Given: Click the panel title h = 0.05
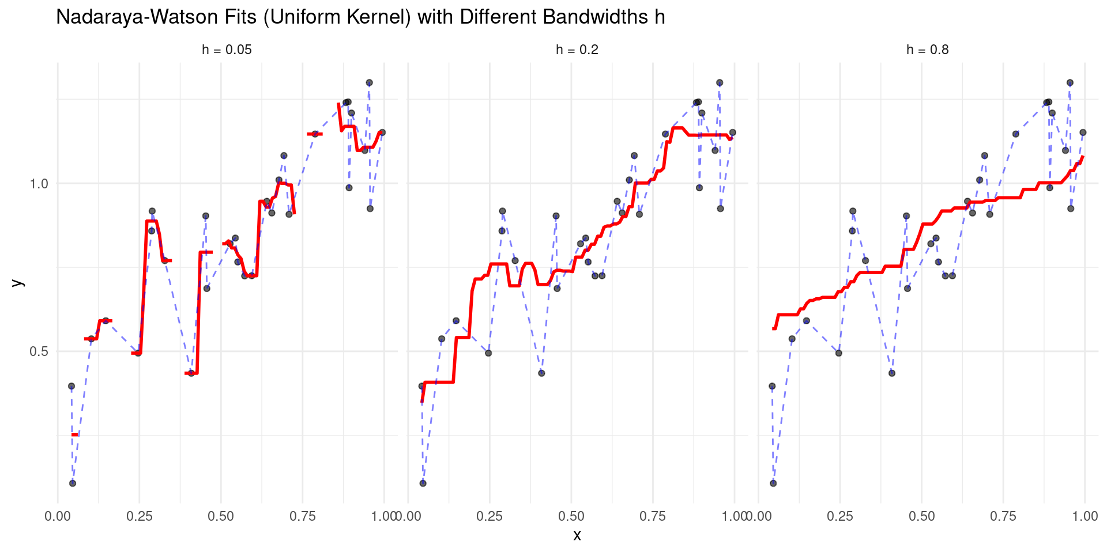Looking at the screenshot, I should point(227,50).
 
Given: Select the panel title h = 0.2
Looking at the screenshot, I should point(577,50).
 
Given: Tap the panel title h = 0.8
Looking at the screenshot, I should point(927,50).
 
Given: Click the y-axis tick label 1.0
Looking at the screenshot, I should point(39,184).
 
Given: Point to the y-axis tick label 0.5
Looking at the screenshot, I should point(39,351).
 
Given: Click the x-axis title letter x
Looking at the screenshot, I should point(577,536).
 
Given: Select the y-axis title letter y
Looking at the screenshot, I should point(18,282).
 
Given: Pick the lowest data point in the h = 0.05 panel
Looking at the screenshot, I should point(73,483).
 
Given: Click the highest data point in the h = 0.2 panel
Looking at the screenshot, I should point(720,83).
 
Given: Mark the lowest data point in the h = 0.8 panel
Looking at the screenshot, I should point(773,483).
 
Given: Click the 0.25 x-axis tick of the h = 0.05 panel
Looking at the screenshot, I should point(139,516).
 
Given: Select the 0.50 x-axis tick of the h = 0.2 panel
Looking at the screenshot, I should point(571,516).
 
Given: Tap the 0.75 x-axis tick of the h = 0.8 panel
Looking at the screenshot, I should point(1003,516).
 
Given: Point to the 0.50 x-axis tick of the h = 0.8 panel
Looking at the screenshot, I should point(921,516).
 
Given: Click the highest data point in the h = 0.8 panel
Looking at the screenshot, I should point(1070,83).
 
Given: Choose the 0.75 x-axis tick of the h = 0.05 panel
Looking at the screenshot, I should point(303,516).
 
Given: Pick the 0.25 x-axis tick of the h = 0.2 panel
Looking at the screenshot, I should point(490,516).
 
